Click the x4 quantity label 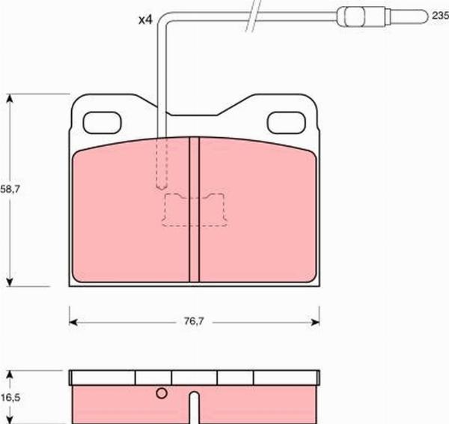click(145, 20)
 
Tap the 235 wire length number click(441, 16)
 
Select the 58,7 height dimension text click(10, 189)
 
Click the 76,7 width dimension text click(194, 321)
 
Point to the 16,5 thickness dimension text click(10, 398)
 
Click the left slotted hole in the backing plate click(103, 123)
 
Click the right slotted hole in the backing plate click(287, 123)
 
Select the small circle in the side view click(162, 393)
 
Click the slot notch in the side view click(195, 407)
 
